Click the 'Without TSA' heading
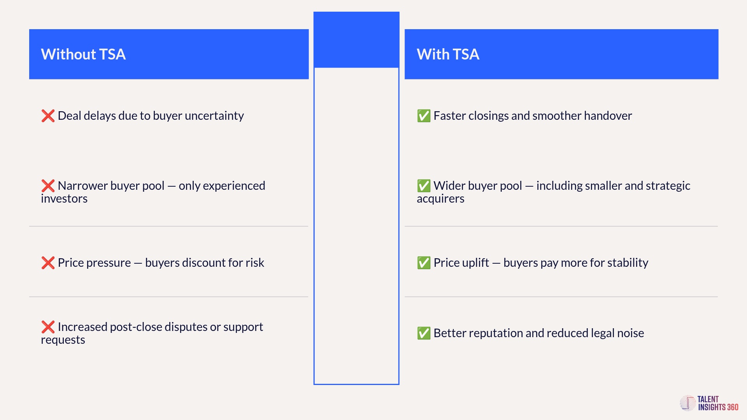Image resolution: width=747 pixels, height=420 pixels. tap(83, 54)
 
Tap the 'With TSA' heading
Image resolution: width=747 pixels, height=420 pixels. tap(448, 54)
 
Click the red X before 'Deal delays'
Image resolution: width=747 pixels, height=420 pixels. tap(48, 116)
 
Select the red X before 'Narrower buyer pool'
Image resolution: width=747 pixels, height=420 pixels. tap(48, 186)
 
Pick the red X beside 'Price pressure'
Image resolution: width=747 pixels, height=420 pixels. tap(48, 263)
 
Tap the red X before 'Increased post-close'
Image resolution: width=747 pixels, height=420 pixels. tap(48, 327)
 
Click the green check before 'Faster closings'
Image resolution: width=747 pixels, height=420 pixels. tap(424, 116)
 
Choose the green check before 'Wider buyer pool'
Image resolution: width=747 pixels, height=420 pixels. tap(424, 186)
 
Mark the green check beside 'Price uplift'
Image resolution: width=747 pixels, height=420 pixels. tap(424, 263)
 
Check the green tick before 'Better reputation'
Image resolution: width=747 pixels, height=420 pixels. tap(424, 333)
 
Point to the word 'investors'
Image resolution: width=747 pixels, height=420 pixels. tap(64, 199)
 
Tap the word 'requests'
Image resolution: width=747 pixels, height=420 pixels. tap(63, 340)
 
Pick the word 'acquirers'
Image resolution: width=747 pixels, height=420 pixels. tap(440, 199)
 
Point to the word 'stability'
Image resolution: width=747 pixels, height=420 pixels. tap(628, 263)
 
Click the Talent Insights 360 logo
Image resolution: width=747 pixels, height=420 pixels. tap(709, 403)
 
